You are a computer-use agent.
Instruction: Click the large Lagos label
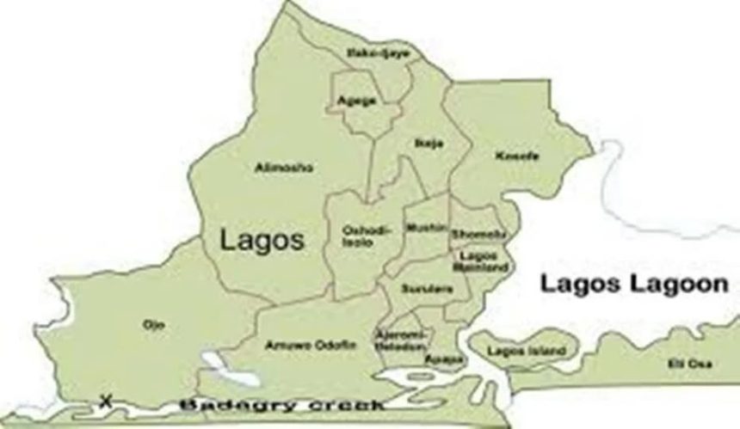262,240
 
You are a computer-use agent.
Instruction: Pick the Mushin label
427,228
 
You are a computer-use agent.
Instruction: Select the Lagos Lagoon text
633,285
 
